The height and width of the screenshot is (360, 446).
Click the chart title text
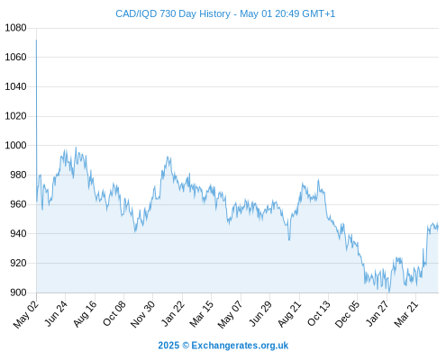225,13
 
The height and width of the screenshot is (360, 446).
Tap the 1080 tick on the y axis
15,28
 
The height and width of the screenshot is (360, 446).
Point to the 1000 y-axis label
15,145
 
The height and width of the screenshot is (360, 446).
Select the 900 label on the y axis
18,292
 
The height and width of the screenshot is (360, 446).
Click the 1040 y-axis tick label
15,86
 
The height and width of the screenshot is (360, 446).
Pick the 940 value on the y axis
18,233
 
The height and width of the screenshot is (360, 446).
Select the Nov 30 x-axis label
142,313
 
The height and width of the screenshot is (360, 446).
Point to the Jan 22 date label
172,313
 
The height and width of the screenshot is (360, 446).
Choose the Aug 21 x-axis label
289,313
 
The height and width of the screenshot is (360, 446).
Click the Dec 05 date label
347,314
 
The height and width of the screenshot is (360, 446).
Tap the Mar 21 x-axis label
406,313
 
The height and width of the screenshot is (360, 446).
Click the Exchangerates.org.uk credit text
240,346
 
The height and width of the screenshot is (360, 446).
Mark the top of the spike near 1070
36,40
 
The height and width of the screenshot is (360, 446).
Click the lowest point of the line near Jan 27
389,292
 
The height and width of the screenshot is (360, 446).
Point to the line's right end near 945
438,227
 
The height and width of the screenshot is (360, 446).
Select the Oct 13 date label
318,313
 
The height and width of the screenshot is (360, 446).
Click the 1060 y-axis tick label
15,57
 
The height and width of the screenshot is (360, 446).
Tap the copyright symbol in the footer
186,346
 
